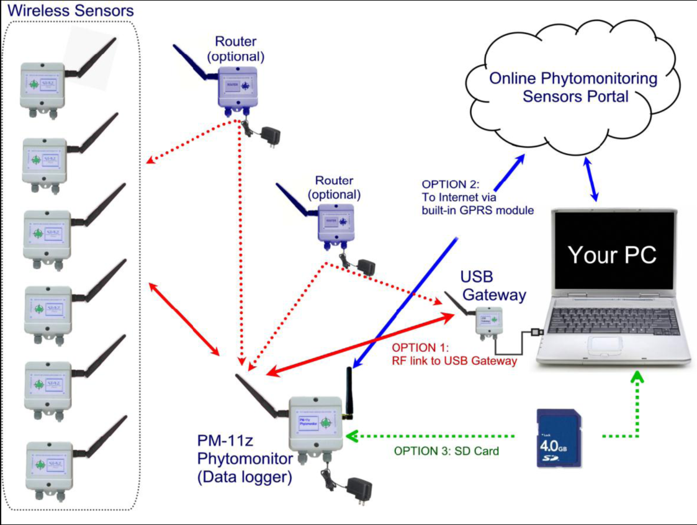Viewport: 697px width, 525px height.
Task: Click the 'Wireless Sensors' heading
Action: (71, 11)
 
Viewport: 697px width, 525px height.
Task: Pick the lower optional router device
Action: (336, 223)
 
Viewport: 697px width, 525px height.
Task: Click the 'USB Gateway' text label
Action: (493, 285)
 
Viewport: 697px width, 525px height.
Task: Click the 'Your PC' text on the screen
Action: (612, 254)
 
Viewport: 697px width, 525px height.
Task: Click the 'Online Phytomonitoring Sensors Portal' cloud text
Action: (573, 87)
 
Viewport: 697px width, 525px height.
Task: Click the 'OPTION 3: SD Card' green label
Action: (446, 451)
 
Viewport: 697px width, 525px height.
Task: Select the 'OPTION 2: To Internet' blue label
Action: (477, 197)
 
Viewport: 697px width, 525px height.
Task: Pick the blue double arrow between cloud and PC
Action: (591, 180)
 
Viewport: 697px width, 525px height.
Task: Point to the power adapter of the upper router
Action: (270, 135)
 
